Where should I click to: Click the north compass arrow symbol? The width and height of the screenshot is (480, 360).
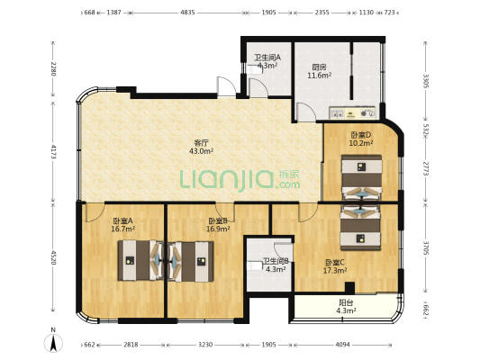tap(53, 343)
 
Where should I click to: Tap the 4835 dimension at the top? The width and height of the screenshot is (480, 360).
tap(187, 13)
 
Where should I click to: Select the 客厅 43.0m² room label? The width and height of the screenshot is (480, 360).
tap(202, 147)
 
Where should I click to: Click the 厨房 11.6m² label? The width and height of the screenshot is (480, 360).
tap(320, 71)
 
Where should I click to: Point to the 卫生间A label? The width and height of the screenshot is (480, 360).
tap(267, 58)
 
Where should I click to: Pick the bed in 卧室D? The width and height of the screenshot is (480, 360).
tap(362, 178)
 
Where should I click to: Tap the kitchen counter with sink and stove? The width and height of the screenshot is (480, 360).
tap(352, 112)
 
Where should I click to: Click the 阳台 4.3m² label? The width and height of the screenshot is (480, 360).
tap(346, 307)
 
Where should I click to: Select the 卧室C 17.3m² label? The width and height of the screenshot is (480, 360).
tap(335, 266)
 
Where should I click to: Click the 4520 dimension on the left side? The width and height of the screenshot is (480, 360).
tap(53, 257)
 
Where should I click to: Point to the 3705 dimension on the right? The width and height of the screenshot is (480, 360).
tap(426, 247)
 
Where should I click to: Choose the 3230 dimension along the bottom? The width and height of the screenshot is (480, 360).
tap(205, 345)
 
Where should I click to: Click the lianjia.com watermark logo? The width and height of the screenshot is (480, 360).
tap(240, 181)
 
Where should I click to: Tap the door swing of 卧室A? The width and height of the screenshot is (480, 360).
tap(95, 213)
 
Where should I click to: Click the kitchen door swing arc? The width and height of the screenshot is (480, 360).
tap(306, 112)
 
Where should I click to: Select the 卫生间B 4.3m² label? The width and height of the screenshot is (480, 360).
tap(276, 265)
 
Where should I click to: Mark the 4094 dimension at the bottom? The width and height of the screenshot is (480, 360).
tap(342, 345)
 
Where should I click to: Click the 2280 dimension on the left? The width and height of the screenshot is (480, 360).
tap(53, 68)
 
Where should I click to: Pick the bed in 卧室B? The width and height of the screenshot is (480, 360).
tap(191, 261)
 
